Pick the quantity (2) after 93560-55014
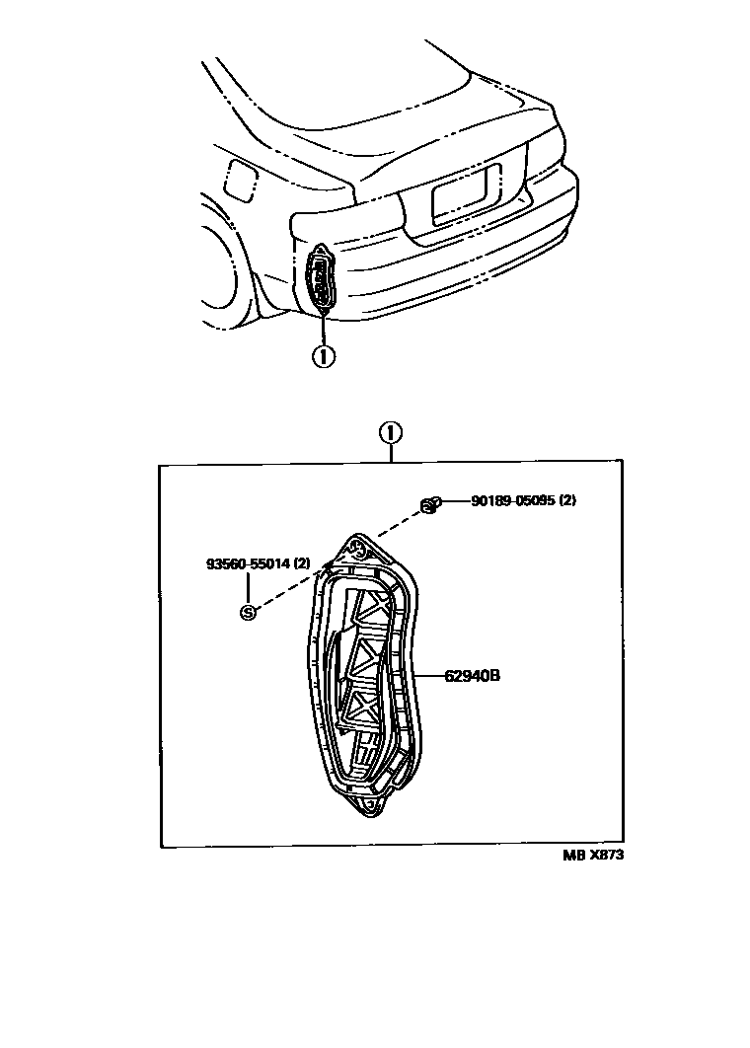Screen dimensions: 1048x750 301,563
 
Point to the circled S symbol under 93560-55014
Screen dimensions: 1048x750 248,612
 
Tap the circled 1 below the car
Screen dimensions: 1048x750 322,356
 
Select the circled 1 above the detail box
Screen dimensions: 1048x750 391,432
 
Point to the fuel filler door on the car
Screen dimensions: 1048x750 239,179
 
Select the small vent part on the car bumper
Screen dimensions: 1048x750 323,278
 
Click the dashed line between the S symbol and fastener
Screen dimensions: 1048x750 336,559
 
